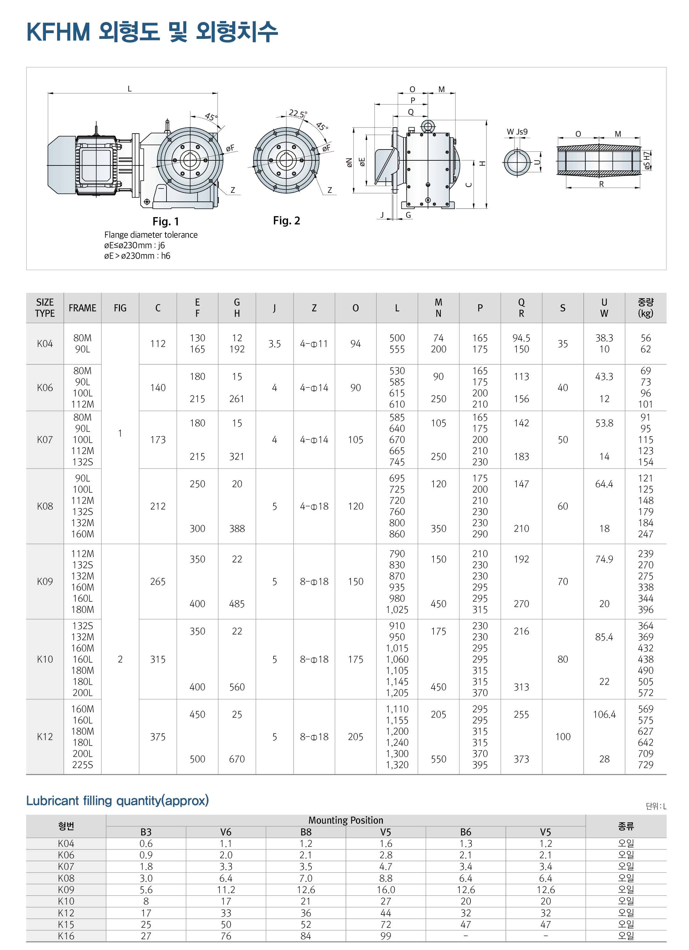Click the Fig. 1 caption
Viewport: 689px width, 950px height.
pyautogui.click(x=166, y=221)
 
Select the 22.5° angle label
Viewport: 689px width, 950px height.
pyautogui.click(x=297, y=113)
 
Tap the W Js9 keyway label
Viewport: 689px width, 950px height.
pyautogui.click(x=517, y=132)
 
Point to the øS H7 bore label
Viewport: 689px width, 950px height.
pyautogui.click(x=647, y=160)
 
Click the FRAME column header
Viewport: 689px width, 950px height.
pyautogui.click(x=83, y=308)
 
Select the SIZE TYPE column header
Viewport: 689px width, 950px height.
pyautogui.click(x=45, y=308)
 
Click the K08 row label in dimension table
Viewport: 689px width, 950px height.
pyautogui.click(x=45, y=506)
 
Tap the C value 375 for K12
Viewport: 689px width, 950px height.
pyautogui.click(x=158, y=737)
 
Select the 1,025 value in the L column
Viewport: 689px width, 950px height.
pyautogui.click(x=397, y=610)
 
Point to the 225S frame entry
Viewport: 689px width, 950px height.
pyautogui.click(x=83, y=764)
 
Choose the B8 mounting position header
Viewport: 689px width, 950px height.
pyautogui.click(x=306, y=832)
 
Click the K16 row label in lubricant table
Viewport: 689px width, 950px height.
pyautogui.click(x=66, y=936)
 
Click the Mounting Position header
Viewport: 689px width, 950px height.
pyautogui.click(x=345, y=820)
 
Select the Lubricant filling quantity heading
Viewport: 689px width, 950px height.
pyautogui.click(x=117, y=800)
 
